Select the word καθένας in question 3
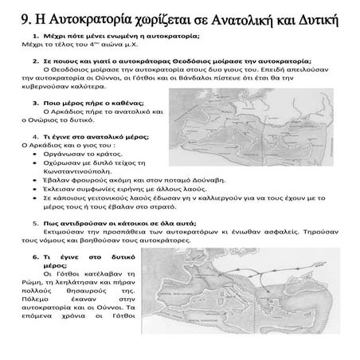coord(118,104)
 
